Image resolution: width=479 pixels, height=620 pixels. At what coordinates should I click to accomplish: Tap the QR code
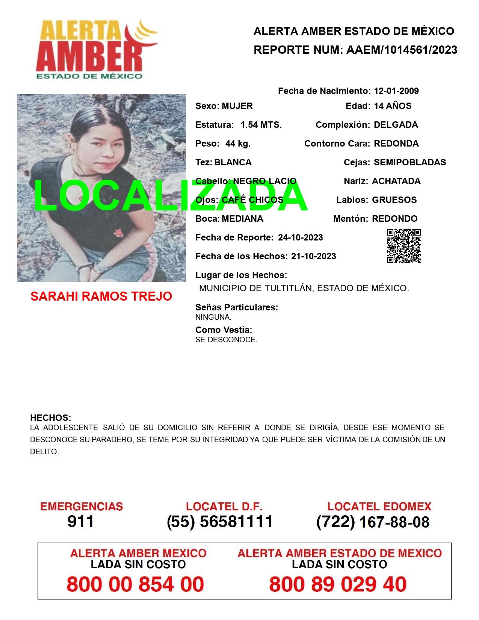[403, 246]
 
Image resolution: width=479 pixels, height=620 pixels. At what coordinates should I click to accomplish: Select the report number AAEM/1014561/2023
[402, 50]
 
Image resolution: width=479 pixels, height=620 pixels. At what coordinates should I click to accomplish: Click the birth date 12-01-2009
[396, 91]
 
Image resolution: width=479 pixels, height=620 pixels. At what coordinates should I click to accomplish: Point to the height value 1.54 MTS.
[261, 125]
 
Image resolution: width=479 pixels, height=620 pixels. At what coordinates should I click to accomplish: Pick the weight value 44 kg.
[238, 144]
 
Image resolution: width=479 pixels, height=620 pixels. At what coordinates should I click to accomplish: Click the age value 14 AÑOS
[393, 106]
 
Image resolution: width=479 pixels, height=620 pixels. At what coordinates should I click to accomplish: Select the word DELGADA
[396, 125]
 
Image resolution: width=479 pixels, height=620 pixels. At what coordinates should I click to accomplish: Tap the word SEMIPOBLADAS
[410, 162]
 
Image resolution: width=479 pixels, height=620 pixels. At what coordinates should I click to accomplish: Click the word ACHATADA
[396, 181]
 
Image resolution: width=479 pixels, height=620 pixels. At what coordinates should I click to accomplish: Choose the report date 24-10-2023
[300, 237]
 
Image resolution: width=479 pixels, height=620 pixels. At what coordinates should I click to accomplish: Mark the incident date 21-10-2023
[313, 256]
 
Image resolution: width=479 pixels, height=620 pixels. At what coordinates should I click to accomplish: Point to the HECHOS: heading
[50, 418]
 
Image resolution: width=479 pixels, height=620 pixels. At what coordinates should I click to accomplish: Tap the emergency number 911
[80, 522]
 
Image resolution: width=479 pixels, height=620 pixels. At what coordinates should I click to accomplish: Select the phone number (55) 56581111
[220, 522]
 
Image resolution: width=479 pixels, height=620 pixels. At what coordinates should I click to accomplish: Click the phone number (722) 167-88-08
[373, 522]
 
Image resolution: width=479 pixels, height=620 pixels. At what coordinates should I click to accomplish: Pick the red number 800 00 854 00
[135, 584]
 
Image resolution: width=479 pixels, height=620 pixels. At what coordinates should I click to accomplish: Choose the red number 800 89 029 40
[338, 584]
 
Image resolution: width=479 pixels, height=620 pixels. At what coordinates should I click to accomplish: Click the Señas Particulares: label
[236, 307]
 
